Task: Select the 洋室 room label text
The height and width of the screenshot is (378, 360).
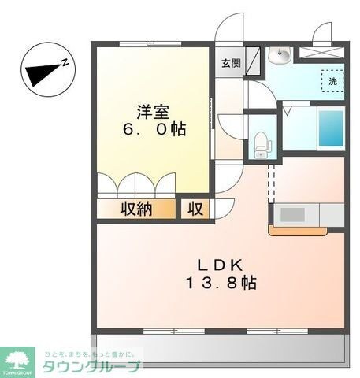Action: (152, 111)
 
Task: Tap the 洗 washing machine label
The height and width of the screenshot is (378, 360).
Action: (332, 81)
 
